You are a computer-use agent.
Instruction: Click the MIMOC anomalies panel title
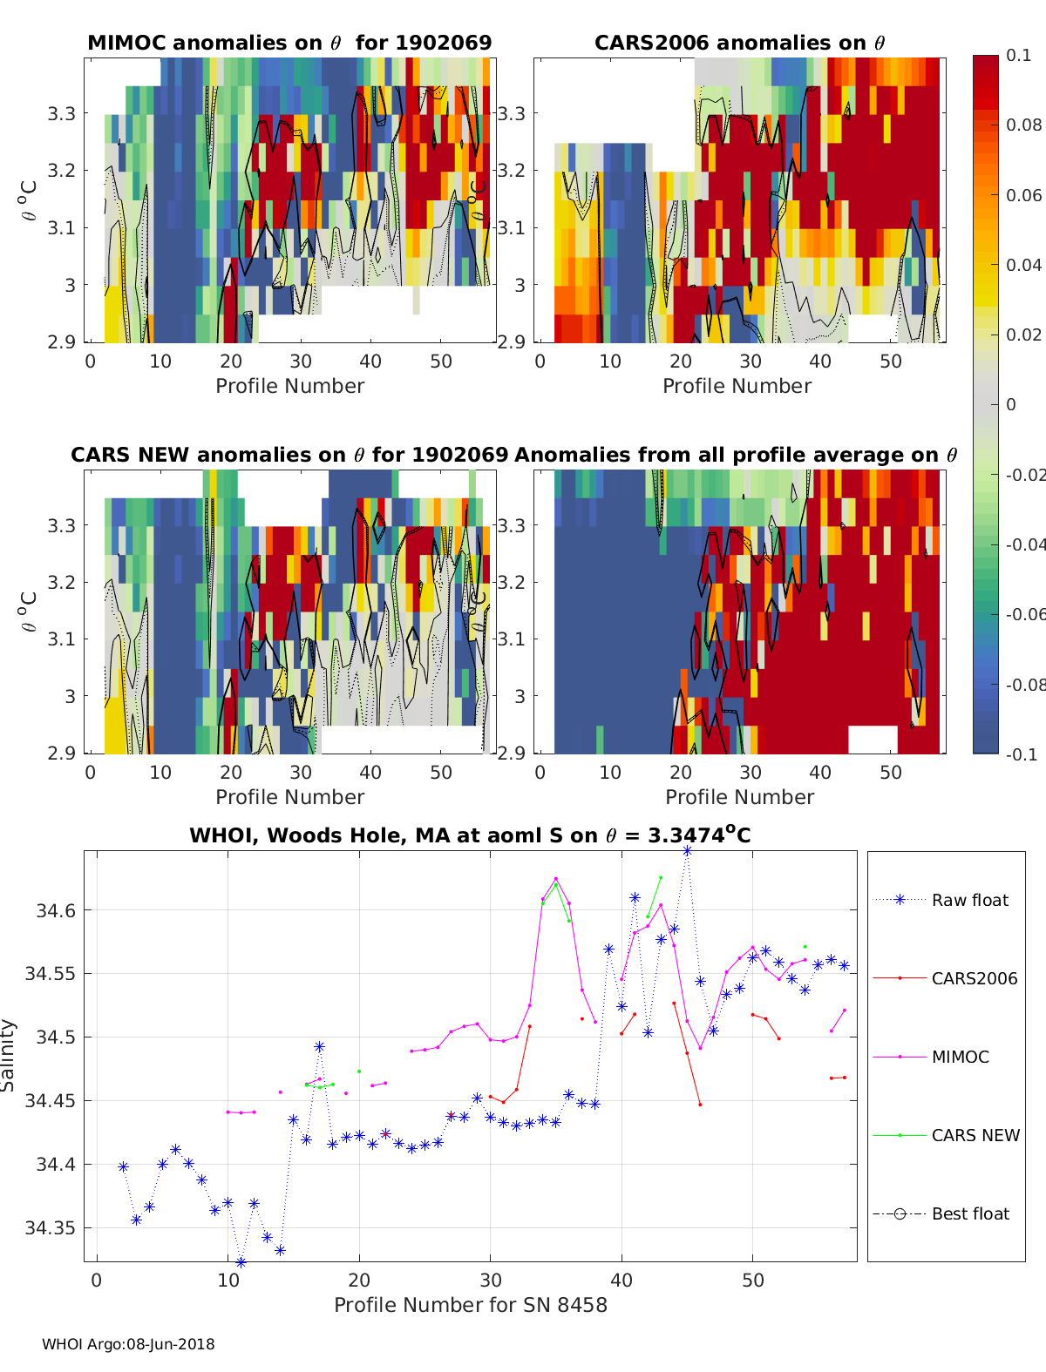tap(289, 43)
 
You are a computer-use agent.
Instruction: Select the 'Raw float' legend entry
tap(969, 900)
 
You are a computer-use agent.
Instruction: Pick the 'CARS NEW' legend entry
tap(975, 1135)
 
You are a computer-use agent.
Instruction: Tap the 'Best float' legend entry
tap(969, 1213)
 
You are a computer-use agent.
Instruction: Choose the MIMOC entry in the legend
tap(960, 1057)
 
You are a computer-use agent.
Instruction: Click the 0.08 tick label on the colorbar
tap(1023, 125)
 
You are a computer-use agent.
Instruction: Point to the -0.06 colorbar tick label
tap(1024, 614)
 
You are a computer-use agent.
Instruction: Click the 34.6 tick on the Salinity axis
tap(57, 910)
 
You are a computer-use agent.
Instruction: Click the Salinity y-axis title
tap(9, 1055)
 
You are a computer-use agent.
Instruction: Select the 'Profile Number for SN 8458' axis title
tap(471, 1305)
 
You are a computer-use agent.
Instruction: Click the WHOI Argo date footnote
tap(128, 1344)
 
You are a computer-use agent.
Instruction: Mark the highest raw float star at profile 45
tap(687, 851)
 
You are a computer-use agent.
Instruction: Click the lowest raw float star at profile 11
tap(241, 1261)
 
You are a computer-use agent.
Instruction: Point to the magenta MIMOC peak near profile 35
tap(556, 879)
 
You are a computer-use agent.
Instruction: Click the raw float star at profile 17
tap(319, 1046)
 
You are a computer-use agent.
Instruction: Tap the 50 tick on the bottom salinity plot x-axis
tap(753, 1280)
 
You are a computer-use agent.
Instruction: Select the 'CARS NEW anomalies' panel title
tap(289, 455)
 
